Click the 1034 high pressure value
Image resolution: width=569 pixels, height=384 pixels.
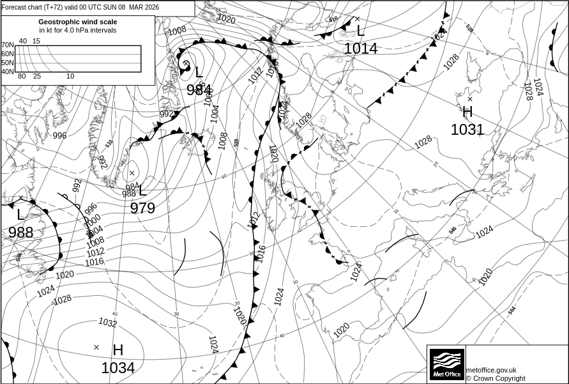118,368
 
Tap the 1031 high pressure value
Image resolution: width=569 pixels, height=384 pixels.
467,130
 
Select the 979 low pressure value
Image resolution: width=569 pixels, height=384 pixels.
142,208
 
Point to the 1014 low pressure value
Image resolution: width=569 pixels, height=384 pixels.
361,49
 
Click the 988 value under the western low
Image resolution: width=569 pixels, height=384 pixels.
21,232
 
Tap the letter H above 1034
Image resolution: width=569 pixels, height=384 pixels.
118,350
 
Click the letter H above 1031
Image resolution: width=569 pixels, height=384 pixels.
467,112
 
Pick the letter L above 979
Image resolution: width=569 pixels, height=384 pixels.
142,190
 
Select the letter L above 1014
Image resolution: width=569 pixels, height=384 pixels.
361,31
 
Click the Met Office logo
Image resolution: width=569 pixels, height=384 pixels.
446,364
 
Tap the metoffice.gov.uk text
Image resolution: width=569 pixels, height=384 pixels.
491,370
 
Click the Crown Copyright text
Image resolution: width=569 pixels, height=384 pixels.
496,378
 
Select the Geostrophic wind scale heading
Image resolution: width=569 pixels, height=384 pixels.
77,22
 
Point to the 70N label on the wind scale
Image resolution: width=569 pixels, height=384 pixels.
7,45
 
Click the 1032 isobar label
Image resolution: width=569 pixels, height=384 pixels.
107,323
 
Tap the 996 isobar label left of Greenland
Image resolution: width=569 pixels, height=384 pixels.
59,135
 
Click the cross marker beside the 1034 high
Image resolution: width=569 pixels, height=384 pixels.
96,348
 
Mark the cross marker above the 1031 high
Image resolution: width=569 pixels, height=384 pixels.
470,99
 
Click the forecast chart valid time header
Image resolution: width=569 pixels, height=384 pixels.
80,8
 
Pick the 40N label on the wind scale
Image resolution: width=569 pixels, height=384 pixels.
7,72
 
